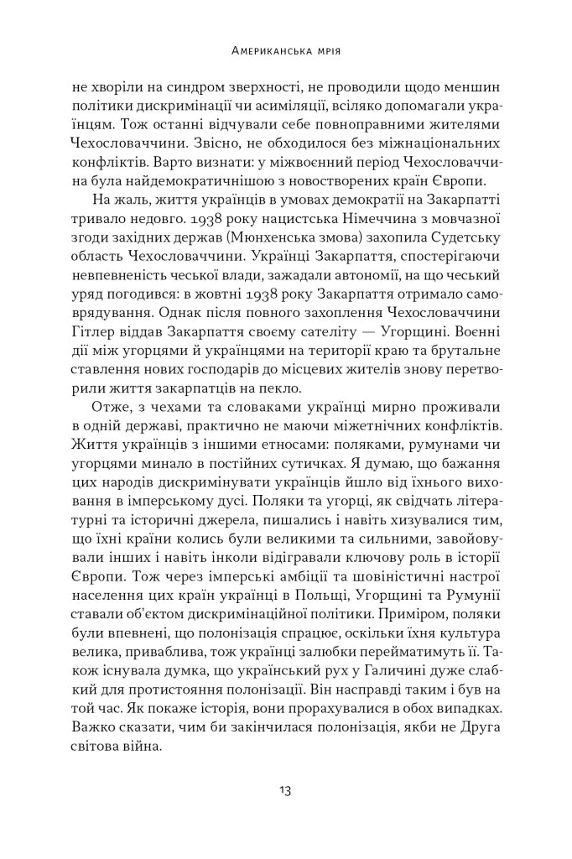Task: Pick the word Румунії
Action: pos(474,571)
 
